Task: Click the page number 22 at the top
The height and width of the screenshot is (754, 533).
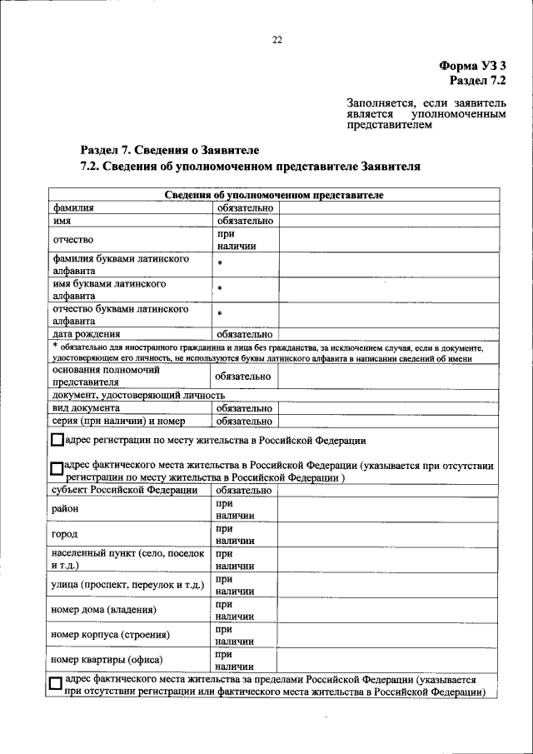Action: pos(276,38)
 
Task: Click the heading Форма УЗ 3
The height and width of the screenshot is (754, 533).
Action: pos(472,65)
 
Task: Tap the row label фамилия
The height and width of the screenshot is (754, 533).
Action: pos(73,207)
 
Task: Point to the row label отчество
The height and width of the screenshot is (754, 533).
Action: pos(72,240)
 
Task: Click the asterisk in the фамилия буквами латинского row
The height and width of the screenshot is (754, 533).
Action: pos(220,264)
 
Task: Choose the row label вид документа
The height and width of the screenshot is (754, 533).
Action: pos(86,408)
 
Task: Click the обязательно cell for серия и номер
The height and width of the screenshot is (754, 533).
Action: pos(245,422)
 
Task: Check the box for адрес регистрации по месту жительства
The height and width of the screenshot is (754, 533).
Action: pos(57,440)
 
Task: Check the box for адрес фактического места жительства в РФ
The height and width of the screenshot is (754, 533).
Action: pos(57,470)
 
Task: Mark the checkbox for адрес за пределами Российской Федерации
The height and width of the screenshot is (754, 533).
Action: pos(56,684)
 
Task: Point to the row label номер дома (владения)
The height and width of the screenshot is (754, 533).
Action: pos(103,611)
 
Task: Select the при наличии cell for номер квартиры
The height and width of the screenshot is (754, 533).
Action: pos(234,661)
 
